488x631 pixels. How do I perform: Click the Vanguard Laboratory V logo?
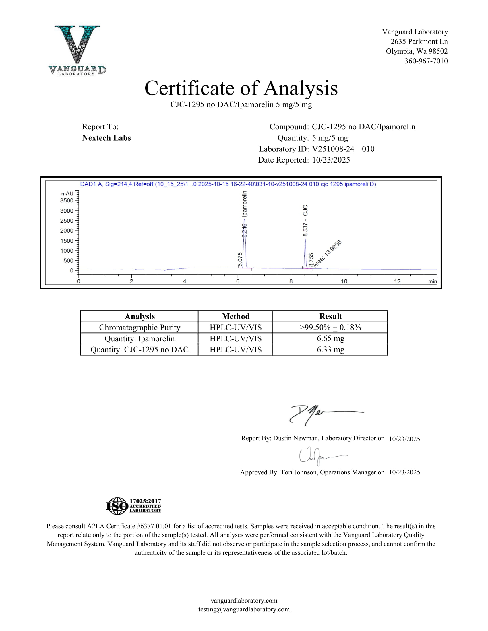[x=77, y=50]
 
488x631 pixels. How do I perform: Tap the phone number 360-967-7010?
[x=426, y=61]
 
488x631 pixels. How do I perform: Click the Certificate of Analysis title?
[x=241, y=88]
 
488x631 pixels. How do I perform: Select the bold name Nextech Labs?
[x=106, y=138]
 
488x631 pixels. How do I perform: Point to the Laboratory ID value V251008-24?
[x=333, y=149]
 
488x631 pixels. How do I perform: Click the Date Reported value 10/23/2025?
[x=331, y=160]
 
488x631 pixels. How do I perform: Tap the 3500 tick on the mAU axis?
[x=67, y=200]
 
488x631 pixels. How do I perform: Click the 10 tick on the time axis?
[x=344, y=281]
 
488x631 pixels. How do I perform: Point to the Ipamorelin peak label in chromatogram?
[x=245, y=204]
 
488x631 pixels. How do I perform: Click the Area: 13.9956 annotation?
[x=328, y=253]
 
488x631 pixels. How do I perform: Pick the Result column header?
[x=330, y=316]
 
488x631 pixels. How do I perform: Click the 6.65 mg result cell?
[x=330, y=339]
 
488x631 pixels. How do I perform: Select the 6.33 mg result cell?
[x=330, y=350]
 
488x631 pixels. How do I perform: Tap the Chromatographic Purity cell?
[x=139, y=327]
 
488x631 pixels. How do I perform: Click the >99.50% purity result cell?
[x=330, y=327]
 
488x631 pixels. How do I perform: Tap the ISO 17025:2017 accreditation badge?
[x=134, y=506]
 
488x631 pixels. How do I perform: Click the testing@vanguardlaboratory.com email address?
[x=244, y=609]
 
